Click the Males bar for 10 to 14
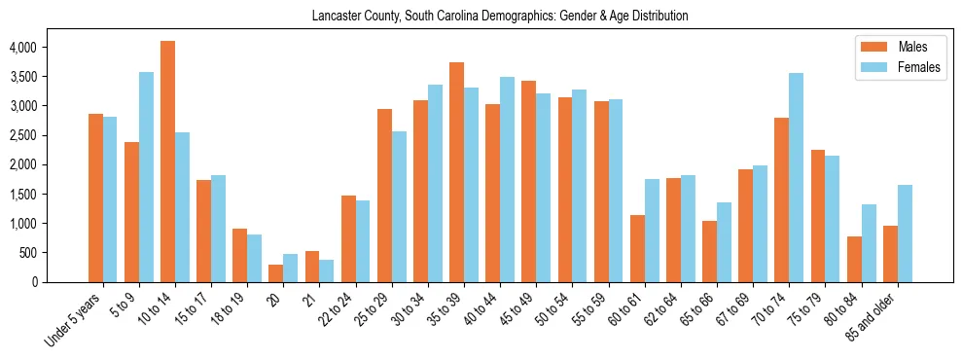167,162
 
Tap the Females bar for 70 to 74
796,177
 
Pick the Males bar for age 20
275,273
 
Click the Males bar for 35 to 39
456,172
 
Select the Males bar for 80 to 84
854,259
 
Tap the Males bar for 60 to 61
637,248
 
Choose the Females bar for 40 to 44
507,179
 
